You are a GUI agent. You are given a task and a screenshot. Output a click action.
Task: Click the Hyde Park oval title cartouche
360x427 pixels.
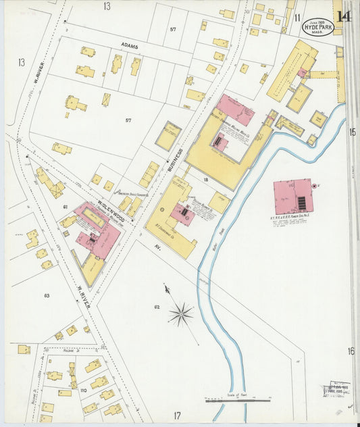click(318, 26)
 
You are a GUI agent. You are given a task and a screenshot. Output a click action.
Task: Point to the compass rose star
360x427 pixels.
click(180, 313)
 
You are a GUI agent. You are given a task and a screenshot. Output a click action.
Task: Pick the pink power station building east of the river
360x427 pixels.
click(292, 196)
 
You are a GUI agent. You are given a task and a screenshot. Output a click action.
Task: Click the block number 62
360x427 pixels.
click(156, 307)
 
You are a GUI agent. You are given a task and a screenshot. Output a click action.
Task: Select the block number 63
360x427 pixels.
click(47, 295)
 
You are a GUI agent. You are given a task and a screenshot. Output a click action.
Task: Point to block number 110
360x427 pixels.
click(84, 391)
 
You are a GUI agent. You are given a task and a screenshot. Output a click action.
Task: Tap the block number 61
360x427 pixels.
click(65, 207)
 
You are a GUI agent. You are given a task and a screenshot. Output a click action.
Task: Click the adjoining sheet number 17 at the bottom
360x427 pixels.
click(177, 416)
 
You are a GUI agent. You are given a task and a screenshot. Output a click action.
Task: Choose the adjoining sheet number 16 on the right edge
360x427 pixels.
click(351, 351)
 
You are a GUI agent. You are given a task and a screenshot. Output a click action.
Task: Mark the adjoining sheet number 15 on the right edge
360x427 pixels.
click(352, 132)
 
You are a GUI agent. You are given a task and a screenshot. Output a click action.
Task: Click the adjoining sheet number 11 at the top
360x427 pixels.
click(296, 16)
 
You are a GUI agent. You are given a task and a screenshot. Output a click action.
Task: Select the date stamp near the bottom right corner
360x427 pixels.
click(336, 390)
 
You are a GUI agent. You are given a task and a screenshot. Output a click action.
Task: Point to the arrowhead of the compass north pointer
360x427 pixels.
click(166, 288)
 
